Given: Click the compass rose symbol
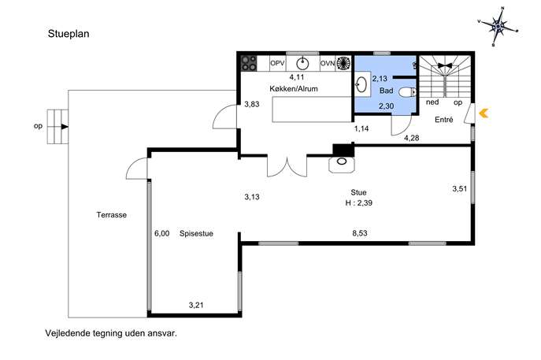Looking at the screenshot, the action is tap(498, 27).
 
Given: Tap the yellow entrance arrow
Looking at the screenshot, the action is tap(484, 113).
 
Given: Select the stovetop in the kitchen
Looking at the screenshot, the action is tap(249, 63).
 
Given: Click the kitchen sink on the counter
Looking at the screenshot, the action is tap(302, 64).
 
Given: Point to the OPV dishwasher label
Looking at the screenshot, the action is tap(277, 63).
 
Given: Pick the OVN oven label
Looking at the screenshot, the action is tap(328, 63).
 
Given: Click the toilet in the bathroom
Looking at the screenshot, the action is tap(408, 92).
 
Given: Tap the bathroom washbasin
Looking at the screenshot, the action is tap(361, 84).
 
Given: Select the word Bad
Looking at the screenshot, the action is tap(386, 91).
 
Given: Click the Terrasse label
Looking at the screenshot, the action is tap(112, 215).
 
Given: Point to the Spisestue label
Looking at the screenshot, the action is tap(196, 233).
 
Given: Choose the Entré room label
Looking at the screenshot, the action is tap(443, 120).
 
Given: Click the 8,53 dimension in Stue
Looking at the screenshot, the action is tap(360, 233).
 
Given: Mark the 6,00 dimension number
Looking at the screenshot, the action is tap(161, 233).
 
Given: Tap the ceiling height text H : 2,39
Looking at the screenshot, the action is tap(359, 203).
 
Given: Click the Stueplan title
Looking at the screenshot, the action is tap(69, 34).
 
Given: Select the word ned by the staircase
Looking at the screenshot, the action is tap(432, 102).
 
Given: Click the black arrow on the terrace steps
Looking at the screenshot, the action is tap(65, 127).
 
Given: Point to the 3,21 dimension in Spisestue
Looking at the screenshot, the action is tap(196, 305).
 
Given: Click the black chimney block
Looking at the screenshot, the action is tap(343, 150).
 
